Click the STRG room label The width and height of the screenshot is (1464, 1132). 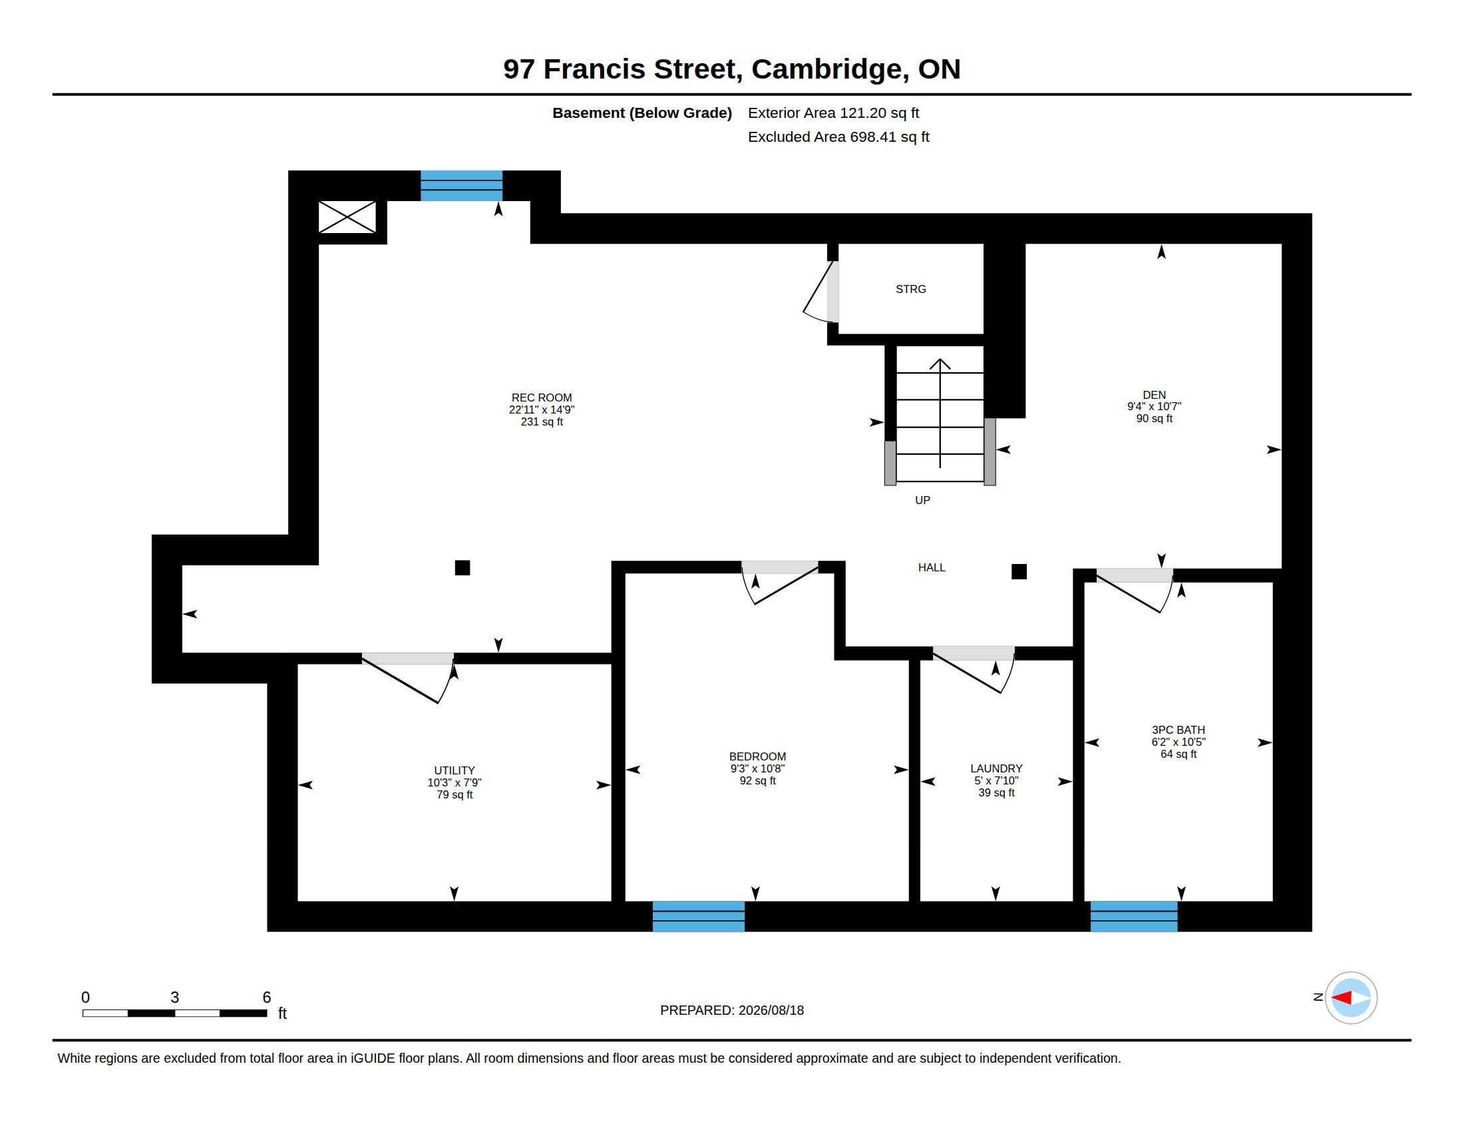[x=910, y=289]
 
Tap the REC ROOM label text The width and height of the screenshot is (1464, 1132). [x=542, y=398]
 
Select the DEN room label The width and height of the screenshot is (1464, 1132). [x=1155, y=395]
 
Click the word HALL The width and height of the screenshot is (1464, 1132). [x=932, y=567]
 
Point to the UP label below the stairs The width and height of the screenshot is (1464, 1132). [x=922, y=500]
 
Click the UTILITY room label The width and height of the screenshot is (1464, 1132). [x=455, y=770]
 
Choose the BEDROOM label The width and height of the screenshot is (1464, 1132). [x=757, y=756]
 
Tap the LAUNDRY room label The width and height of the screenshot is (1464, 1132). [x=996, y=768]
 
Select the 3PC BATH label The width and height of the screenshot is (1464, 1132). [x=1179, y=730]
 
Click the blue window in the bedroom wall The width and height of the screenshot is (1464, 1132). [x=699, y=916]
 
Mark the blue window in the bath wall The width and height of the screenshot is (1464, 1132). [x=1133, y=916]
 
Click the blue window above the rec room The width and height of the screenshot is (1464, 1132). [x=461, y=186]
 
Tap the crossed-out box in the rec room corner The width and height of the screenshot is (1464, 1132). [x=347, y=216]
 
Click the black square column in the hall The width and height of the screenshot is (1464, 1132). [x=1019, y=571]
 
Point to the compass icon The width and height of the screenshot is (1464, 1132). [x=1351, y=998]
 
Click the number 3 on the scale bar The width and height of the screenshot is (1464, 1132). [x=175, y=997]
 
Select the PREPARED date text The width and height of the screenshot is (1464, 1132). [x=732, y=1010]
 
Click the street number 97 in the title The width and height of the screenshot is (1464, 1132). [x=519, y=69]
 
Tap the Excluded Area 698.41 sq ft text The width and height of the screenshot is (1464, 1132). [x=838, y=137]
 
